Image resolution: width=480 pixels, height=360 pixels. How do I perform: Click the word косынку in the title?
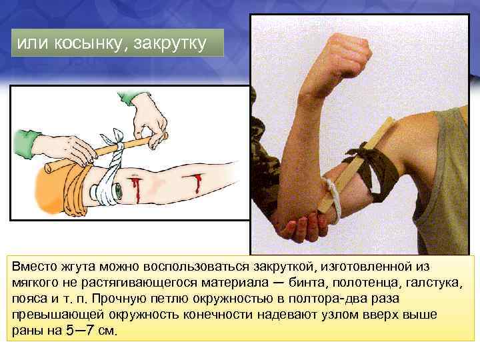point(91,43)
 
